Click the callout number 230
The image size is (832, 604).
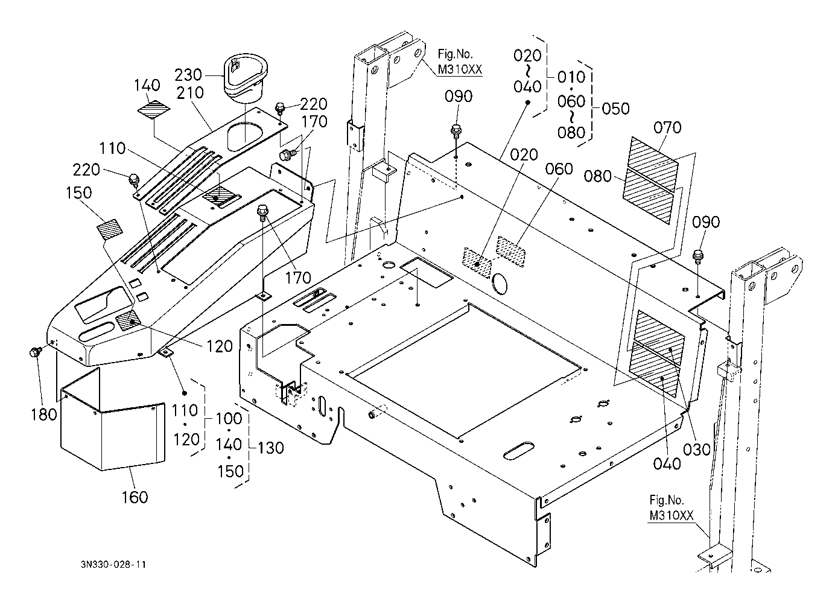(188, 75)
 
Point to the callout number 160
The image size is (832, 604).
(135, 497)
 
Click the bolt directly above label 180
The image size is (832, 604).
(34, 351)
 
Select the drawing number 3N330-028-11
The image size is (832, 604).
(113, 565)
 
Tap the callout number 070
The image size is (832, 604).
(668, 127)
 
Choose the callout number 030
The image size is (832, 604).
(697, 450)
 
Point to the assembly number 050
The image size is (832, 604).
(616, 109)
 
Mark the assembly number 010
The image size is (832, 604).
(571, 77)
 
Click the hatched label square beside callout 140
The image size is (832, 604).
(153, 109)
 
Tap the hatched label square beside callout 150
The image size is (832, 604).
(109, 230)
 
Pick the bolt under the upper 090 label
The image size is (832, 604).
(456, 130)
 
